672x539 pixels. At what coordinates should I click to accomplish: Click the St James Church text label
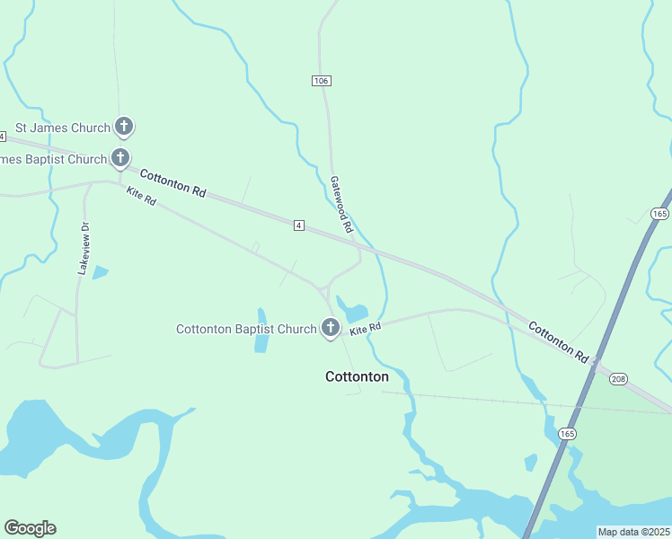pyautogui.click(x=62, y=128)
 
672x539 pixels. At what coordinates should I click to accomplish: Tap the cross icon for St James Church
pyautogui.click(x=124, y=127)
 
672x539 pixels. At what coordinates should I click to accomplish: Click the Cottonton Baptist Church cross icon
pyautogui.click(x=331, y=328)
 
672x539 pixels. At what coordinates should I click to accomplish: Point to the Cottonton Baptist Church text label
pyautogui.click(x=246, y=329)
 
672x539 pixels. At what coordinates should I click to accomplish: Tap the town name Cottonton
pyautogui.click(x=357, y=376)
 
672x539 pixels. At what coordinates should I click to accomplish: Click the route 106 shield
pyautogui.click(x=322, y=81)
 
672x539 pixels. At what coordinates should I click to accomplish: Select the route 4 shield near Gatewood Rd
pyautogui.click(x=298, y=225)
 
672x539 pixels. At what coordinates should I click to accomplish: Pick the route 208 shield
pyautogui.click(x=618, y=379)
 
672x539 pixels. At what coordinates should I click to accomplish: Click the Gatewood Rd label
pyautogui.click(x=342, y=205)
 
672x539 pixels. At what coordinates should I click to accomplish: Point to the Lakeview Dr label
pyautogui.click(x=85, y=249)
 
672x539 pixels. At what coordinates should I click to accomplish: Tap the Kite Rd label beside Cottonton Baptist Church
pyautogui.click(x=366, y=330)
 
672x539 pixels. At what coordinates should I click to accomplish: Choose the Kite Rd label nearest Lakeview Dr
pyautogui.click(x=142, y=196)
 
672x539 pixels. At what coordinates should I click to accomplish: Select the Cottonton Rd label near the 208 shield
pyautogui.click(x=558, y=342)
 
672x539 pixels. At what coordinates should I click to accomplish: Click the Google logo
pyautogui.click(x=31, y=528)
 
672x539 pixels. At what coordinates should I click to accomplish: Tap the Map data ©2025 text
pyautogui.click(x=633, y=532)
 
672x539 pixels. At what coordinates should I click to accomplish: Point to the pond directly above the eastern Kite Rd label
pyautogui.click(x=352, y=311)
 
